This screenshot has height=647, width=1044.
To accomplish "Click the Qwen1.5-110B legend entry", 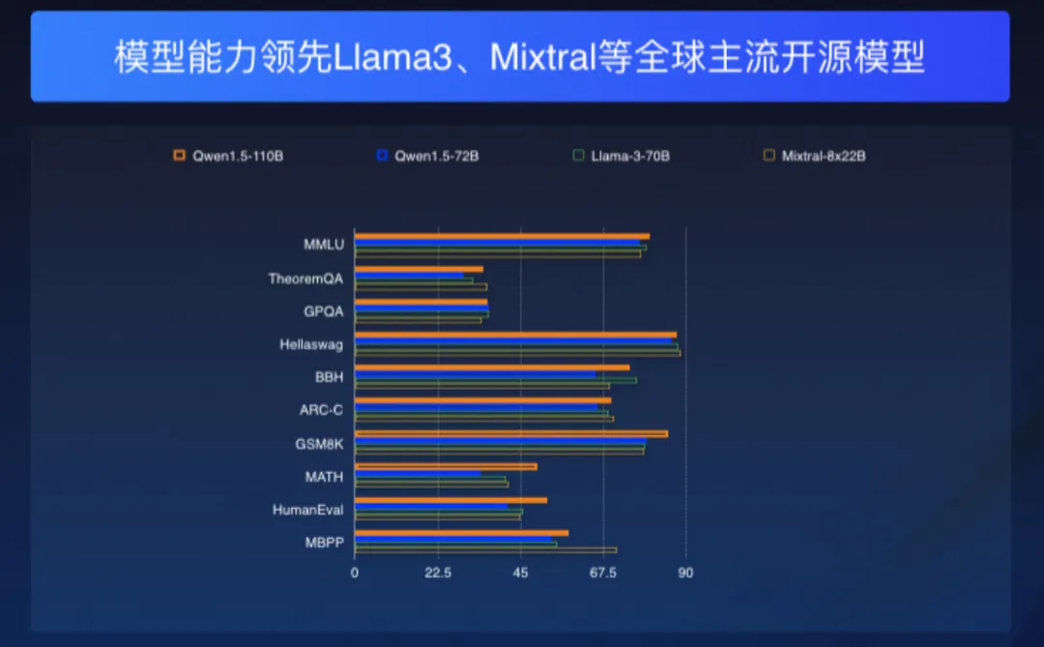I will pyautogui.click(x=228, y=155).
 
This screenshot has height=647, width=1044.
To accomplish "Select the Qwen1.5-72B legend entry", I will pyautogui.click(x=428, y=155).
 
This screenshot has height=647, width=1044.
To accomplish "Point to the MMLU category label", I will pyautogui.click(x=324, y=246).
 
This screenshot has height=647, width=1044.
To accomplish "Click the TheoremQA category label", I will pyautogui.click(x=305, y=279).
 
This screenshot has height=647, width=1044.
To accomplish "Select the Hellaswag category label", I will pyautogui.click(x=311, y=344).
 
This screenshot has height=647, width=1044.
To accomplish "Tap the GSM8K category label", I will pyautogui.click(x=319, y=444).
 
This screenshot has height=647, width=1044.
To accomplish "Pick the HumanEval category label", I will pyautogui.click(x=307, y=510).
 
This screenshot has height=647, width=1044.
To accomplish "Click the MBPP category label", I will pyautogui.click(x=324, y=543).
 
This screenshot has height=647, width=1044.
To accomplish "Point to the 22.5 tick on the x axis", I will pyautogui.click(x=438, y=573).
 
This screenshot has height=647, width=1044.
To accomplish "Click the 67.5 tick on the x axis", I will pyautogui.click(x=603, y=573).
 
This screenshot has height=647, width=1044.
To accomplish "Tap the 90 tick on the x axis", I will pyautogui.click(x=685, y=573).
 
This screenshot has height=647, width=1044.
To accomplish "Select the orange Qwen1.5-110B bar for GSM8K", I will pyautogui.click(x=510, y=433).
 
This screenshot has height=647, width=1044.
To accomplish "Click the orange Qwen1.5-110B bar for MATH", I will pyautogui.click(x=446, y=466).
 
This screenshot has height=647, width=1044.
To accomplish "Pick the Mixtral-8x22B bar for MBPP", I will pyautogui.click(x=485, y=550).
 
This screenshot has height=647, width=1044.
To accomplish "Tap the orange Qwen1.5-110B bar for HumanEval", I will pyautogui.click(x=450, y=499).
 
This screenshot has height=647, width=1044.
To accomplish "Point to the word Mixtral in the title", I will pyautogui.click(x=540, y=58).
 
